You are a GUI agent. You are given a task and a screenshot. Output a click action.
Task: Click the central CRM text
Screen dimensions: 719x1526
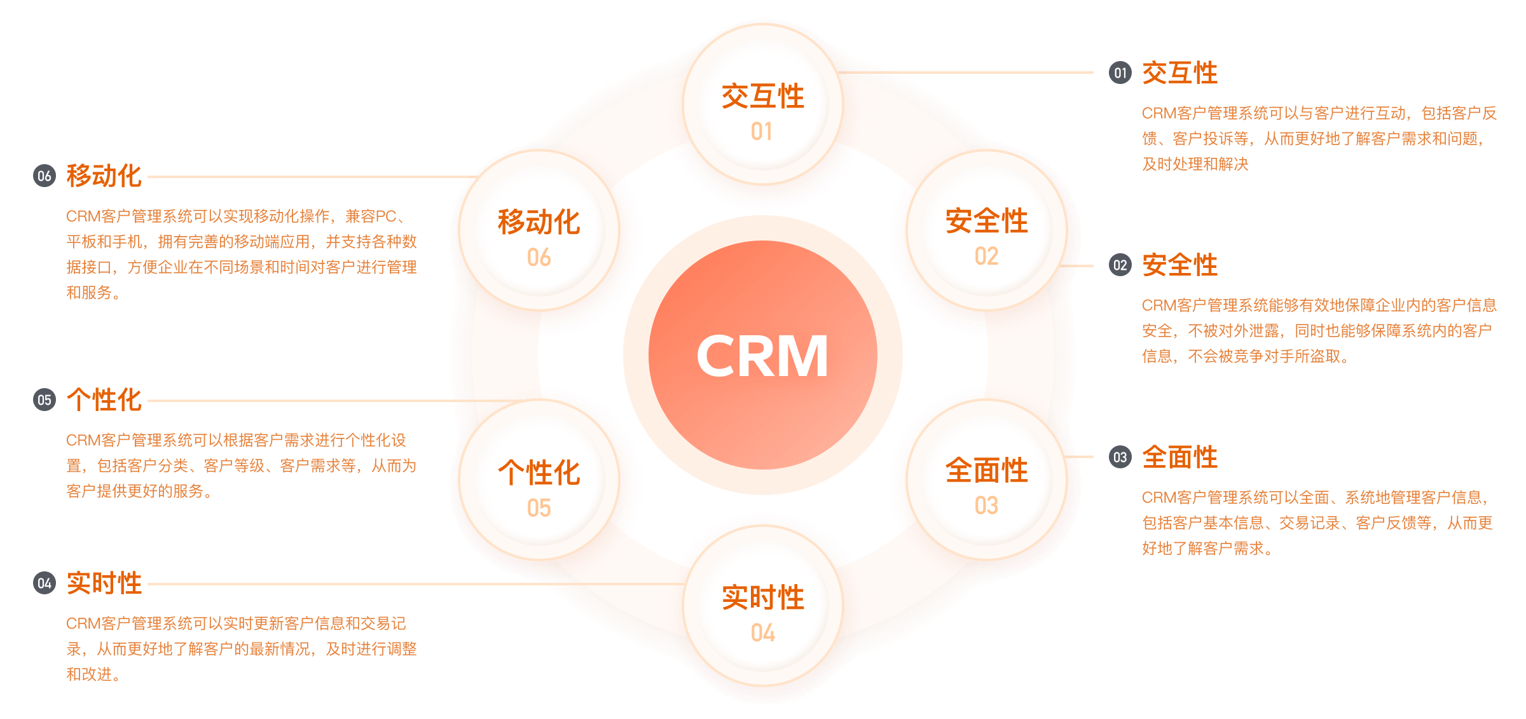click(x=762, y=356)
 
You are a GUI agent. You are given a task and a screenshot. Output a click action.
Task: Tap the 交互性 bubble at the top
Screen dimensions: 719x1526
click(x=762, y=105)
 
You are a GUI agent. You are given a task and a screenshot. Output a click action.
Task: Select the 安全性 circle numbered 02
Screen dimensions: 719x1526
click(x=986, y=230)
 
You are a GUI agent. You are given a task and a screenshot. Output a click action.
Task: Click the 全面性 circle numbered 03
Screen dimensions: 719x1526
click(x=986, y=480)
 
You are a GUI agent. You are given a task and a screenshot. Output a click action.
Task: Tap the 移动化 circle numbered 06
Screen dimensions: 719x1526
click(x=539, y=231)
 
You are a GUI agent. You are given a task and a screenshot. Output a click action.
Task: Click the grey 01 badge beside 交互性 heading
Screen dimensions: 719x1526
click(x=1120, y=73)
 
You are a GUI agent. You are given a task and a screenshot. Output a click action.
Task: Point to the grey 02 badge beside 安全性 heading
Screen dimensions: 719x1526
click(x=1120, y=265)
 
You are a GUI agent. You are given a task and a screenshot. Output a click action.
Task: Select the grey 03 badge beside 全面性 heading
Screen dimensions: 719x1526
click(x=1120, y=457)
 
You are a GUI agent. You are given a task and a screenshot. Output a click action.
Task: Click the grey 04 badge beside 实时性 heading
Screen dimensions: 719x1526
click(x=45, y=583)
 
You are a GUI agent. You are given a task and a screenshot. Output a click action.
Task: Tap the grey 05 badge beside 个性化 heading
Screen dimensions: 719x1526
click(x=45, y=400)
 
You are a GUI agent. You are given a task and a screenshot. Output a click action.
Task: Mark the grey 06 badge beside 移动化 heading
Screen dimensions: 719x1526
click(x=45, y=176)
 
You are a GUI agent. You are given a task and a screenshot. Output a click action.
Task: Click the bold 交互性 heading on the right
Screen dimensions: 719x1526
click(x=1179, y=73)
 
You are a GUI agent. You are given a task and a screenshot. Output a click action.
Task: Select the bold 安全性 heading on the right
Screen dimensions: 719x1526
click(x=1179, y=265)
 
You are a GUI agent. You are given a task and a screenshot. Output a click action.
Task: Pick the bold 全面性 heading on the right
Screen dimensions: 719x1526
click(x=1179, y=457)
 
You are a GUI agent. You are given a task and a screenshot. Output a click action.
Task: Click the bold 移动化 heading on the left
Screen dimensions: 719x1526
click(x=104, y=176)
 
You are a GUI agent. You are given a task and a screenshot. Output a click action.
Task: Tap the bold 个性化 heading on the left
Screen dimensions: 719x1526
click(x=104, y=400)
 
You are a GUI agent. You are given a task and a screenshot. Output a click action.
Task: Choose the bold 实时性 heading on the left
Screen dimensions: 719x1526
click(x=104, y=583)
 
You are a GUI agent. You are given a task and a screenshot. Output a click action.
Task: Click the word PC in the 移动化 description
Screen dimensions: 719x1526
click(x=386, y=216)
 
